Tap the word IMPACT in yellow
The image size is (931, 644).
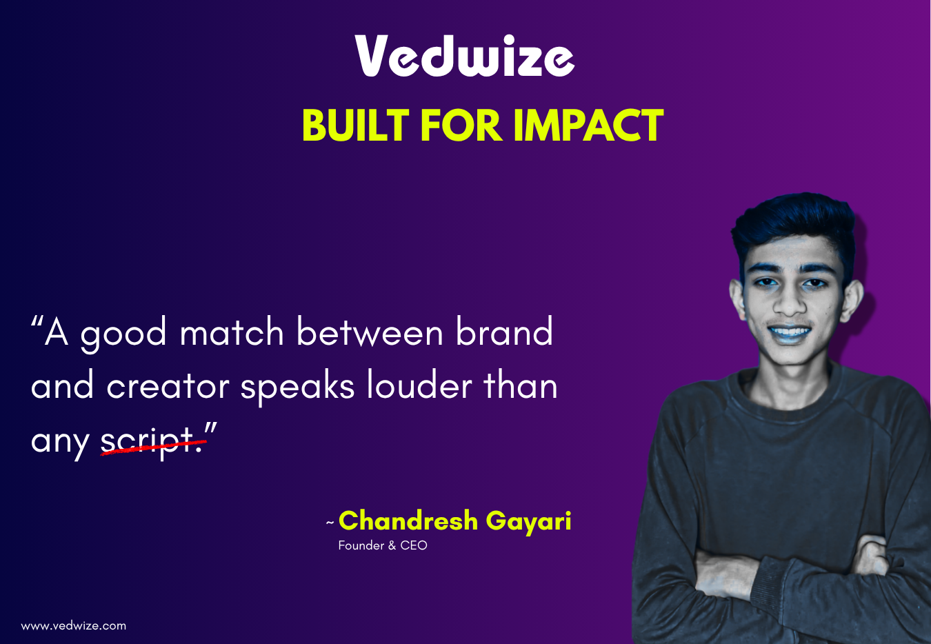point(588,125)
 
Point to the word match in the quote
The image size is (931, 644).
point(232,332)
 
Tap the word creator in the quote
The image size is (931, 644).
point(168,386)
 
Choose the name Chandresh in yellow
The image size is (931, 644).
point(408,521)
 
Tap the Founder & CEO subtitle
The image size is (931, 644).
point(383,545)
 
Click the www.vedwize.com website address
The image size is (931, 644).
point(74,626)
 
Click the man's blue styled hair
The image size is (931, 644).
point(793,224)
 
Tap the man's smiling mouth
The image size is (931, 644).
point(789,333)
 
